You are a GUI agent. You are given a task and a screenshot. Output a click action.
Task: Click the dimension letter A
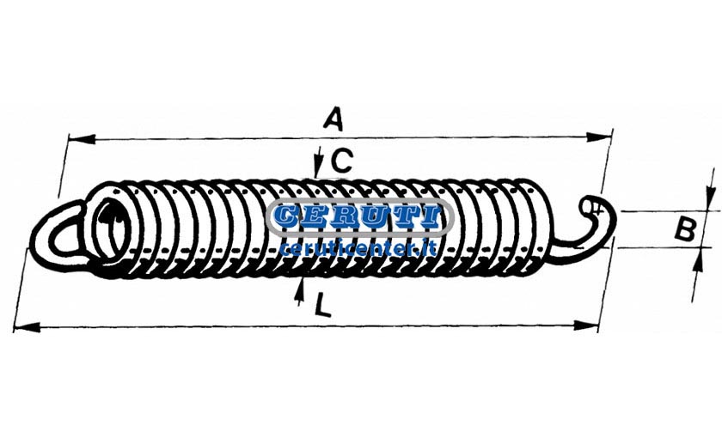click(333, 119)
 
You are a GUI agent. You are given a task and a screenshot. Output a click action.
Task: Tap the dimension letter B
click(685, 229)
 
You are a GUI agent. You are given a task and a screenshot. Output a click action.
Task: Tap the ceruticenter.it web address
click(358, 249)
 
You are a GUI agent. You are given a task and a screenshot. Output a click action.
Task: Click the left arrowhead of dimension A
click(82, 138)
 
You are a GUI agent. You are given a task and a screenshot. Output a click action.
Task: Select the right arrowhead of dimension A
click(598, 137)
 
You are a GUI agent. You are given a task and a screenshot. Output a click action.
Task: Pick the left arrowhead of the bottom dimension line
click(28, 327)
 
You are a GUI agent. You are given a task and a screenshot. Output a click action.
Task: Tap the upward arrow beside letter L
click(300, 291)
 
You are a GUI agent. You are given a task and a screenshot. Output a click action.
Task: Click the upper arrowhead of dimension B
click(707, 198)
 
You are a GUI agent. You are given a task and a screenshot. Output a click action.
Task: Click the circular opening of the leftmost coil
click(111, 227)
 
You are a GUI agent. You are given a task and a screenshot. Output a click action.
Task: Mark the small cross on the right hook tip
click(597, 210)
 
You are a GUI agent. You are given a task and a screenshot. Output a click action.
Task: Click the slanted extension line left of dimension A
click(63, 166)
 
